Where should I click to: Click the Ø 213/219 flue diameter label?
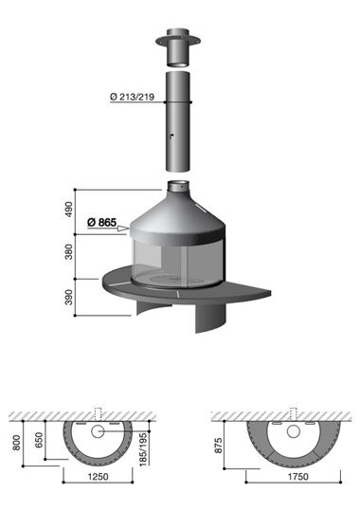(132, 97)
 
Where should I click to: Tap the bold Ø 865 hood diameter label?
(101, 222)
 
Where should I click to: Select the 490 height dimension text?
(68, 210)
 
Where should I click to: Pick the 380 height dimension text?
(68, 252)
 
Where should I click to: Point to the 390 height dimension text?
(68, 297)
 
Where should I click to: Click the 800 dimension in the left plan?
(16, 443)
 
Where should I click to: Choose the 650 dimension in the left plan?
(39, 440)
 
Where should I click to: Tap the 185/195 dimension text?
(143, 449)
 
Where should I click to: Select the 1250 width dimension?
(99, 477)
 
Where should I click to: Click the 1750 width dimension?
(297, 477)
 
